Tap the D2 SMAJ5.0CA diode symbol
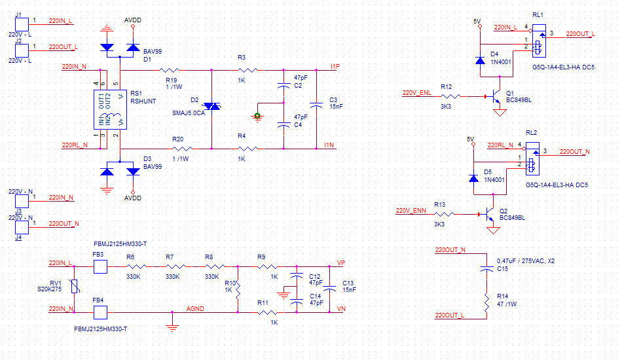211,106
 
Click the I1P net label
335,67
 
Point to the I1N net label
329,145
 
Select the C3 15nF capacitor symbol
316,106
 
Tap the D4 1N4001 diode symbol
481,60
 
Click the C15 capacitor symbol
486,269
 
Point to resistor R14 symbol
486,303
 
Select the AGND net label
195,308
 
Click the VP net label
340,263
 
